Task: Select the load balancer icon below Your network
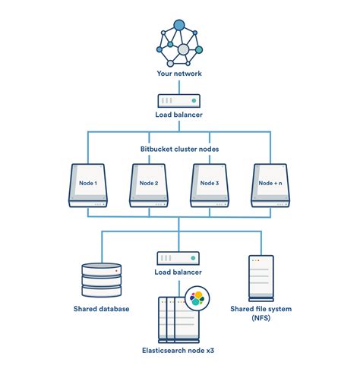tap(179, 100)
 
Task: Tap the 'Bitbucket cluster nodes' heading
tap(179, 149)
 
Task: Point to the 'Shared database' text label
tap(101, 309)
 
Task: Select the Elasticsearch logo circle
tap(197, 297)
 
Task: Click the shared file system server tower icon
tap(258, 276)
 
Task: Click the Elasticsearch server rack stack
tap(173, 319)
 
